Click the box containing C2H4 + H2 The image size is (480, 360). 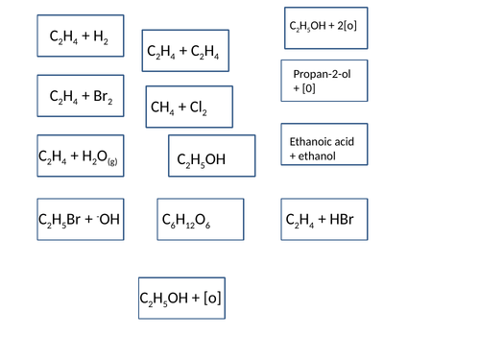coord(80,38)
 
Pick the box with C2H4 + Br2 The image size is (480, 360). coord(81,95)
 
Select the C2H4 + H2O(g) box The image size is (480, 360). coord(80,155)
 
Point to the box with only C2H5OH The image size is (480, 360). coord(211,157)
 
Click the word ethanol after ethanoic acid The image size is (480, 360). coord(317,156)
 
